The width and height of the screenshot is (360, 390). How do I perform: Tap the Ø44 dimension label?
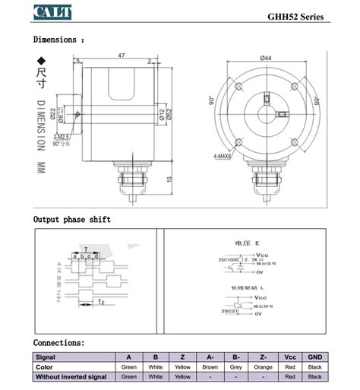[266, 58]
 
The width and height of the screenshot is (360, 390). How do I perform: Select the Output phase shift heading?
[71, 220]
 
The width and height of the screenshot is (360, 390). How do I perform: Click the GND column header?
[314, 356]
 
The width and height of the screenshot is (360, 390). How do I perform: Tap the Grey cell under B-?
[236, 366]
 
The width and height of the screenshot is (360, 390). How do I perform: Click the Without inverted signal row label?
[71, 376]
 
